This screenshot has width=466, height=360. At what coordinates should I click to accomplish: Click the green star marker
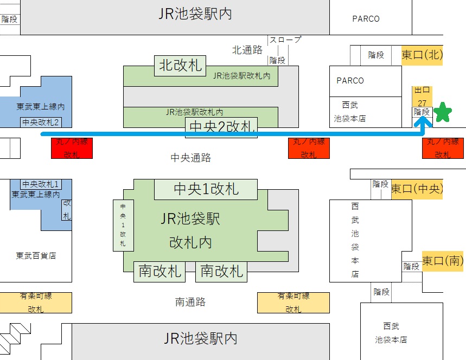pos(443,112)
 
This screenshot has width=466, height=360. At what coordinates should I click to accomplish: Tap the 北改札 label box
pos(181,66)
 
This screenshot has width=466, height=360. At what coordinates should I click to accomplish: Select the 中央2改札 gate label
pos(221,127)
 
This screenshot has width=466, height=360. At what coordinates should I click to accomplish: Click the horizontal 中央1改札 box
pos(206,189)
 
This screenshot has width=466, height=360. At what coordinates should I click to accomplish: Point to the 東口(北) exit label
pos(422,55)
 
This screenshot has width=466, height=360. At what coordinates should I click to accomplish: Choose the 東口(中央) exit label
pos(417,189)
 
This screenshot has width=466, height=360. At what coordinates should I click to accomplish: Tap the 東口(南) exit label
pos(443,261)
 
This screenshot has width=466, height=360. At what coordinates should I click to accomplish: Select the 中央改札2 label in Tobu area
pos(41,123)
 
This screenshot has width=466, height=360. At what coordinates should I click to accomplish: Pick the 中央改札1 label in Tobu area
pos(41,184)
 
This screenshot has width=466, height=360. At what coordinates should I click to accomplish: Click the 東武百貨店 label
pos(36,255)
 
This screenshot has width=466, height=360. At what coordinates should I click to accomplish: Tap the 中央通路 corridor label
pos(190,158)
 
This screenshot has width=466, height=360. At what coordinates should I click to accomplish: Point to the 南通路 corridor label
pos(190,302)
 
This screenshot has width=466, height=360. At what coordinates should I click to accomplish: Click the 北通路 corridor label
pos(247,50)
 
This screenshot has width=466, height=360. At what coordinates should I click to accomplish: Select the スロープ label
pos(285,40)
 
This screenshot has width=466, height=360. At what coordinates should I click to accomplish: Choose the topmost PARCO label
pos(366,18)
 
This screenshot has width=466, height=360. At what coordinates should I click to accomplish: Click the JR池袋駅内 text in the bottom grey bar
pos(201,339)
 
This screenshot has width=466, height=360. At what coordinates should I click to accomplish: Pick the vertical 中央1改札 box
pos(123,225)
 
